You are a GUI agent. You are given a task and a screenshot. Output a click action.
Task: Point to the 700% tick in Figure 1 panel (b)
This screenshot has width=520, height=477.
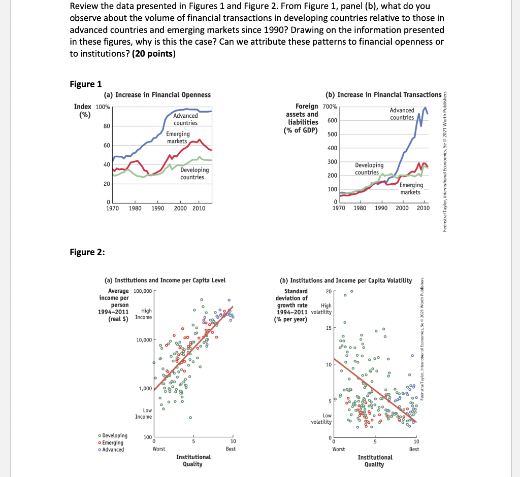pyautogui.click(x=329, y=107)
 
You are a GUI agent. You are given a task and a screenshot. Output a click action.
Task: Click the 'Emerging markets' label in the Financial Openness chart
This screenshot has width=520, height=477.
pyautogui.click(x=178, y=137)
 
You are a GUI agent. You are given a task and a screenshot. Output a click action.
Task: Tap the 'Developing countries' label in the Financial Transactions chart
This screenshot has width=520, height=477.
pyautogui.click(x=369, y=168)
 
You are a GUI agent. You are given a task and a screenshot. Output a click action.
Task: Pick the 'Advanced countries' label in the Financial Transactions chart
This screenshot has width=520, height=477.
pyautogui.click(x=402, y=114)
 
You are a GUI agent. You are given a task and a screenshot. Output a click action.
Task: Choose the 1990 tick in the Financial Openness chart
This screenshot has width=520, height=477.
pyautogui.click(x=157, y=208)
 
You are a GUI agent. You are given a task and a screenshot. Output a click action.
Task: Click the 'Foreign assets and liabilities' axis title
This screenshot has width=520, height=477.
pyautogui.click(x=303, y=118)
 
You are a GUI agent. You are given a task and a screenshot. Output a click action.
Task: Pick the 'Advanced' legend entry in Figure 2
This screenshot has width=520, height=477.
pyautogui.click(x=111, y=450)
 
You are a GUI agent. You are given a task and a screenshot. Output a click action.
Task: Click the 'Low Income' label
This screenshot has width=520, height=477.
pyautogui.click(x=143, y=413)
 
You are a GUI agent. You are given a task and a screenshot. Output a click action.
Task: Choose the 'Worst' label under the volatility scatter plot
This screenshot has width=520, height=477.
pyautogui.click(x=338, y=449)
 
